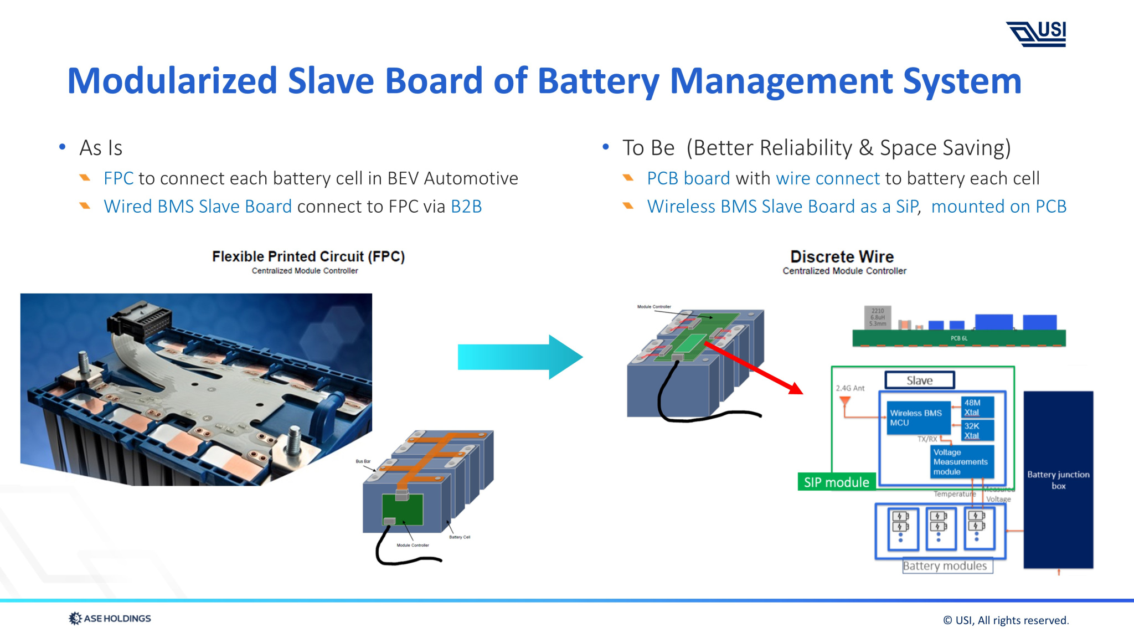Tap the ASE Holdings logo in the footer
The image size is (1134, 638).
pyautogui.click(x=110, y=618)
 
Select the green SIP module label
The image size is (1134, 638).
pyautogui.click(x=836, y=482)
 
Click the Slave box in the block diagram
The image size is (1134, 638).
pyautogui.click(x=919, y=380)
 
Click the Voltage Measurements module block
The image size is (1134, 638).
pyautogui.click(x=961, y=462)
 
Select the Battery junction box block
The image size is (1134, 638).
pyautogui.click(x=1058, y=480)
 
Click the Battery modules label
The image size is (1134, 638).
pyautogui.click(x=945, y=566)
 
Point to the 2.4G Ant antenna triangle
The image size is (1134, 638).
pyautogui.click(x=845, y=400)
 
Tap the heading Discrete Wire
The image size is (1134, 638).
pyautogui.click(x=842, y=257)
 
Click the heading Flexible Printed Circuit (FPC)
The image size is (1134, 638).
pyautogui.click(x=308, y=256)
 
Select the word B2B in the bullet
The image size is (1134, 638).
pyautogui.click(x=466, y=207)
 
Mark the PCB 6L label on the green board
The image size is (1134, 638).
pyautogui.click(x=959, y=338)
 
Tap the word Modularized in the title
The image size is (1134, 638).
pyautogui.click(x=172, y=81)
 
